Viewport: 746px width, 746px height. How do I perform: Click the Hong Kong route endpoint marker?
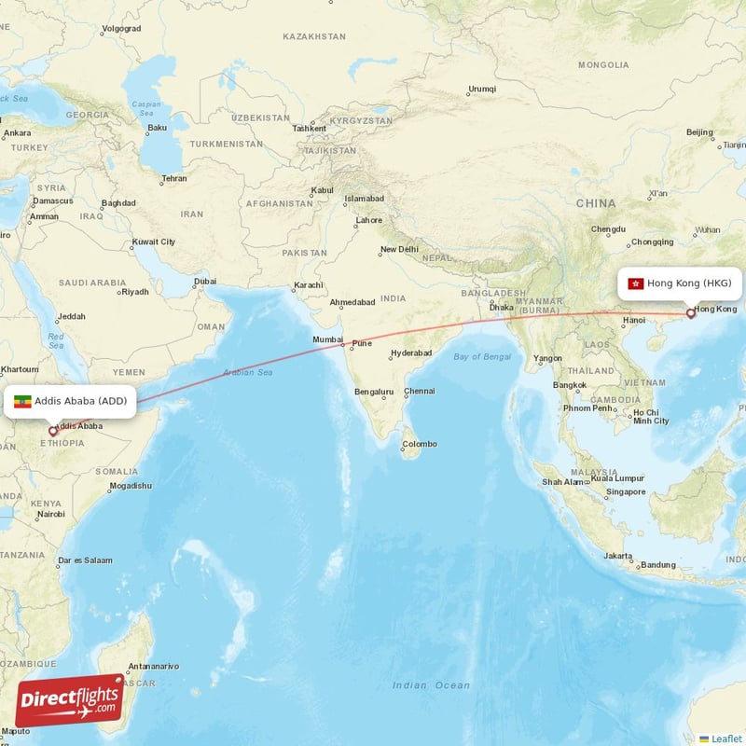point(690,313)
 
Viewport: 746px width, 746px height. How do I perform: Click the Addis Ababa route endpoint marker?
point(53,431)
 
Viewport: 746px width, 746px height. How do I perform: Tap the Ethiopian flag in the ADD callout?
point(23,402)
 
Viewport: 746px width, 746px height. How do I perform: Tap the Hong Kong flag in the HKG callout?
point(636,283)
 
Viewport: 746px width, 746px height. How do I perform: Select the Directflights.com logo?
point(70,700)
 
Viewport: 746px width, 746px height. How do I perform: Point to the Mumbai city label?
point(327,339)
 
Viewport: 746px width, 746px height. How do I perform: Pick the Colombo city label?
point(420,444)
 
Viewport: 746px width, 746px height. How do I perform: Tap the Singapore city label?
point(625,491)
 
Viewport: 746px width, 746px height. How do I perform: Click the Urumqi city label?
point(482,90)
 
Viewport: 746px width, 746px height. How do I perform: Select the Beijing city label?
point(699,132)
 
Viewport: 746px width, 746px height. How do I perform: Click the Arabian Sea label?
point(247,373)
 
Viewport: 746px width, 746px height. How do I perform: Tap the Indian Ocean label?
point(431,685)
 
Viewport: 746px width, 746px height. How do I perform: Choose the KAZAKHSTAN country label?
point(314,36)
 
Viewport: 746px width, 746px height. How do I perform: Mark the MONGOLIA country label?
point(603,65)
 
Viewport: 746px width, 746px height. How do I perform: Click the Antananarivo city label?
point(153,666)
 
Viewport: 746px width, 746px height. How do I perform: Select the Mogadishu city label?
point(130,486)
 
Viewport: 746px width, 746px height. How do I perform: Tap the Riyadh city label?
point(134,292)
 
